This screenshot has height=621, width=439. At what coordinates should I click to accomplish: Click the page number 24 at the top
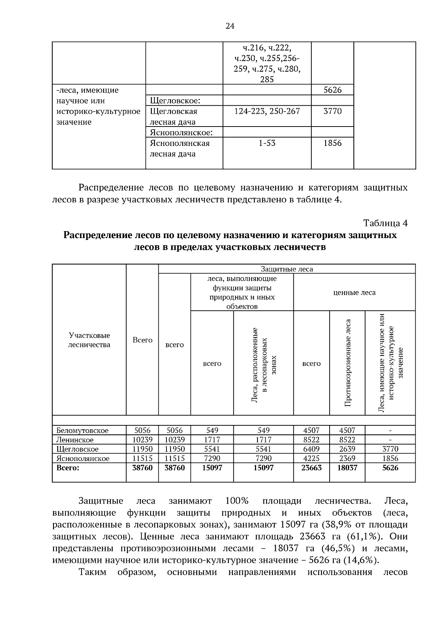230,26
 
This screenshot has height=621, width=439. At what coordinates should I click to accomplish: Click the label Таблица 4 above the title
385,223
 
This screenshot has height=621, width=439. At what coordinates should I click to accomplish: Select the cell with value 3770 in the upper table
332,111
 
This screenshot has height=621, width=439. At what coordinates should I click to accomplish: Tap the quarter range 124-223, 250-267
267,111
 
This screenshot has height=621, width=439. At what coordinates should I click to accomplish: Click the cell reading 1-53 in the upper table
267,143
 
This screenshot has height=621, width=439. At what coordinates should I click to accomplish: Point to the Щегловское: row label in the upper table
175,101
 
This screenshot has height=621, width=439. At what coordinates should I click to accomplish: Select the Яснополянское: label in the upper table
181,132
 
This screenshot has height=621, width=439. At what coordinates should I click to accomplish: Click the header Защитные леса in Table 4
286,269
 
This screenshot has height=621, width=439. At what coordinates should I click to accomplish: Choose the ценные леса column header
354,293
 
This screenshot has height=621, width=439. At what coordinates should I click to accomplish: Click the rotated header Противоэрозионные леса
347,363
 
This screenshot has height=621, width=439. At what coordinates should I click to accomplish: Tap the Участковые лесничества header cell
89,340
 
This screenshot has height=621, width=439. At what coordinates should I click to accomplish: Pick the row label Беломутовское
82,430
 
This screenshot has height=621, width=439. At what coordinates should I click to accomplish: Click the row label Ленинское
75,440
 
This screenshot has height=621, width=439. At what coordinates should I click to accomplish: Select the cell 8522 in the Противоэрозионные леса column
347,440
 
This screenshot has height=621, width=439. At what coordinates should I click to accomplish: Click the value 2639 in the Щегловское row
347,449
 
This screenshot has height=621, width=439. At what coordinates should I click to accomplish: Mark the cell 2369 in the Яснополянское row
347,458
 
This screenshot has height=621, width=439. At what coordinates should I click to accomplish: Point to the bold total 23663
311,468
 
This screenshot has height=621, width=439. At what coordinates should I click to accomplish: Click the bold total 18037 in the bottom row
347,468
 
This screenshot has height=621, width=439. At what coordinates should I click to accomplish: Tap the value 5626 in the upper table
332,90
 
